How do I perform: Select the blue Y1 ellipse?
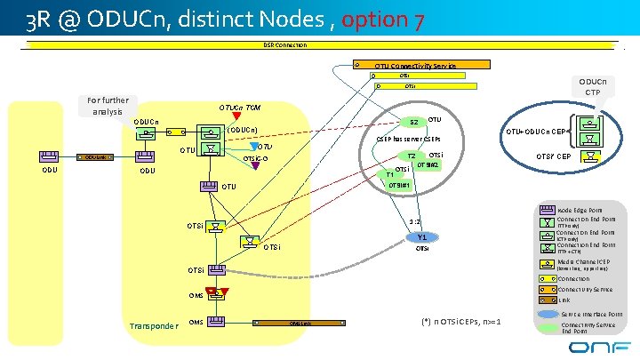click(422, 237)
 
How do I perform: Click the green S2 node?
click(412, 122)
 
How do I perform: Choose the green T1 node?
click(389, 174)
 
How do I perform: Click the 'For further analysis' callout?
click(108, 106)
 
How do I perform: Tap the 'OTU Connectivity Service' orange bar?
click(415, 65)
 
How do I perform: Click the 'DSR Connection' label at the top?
click(284, 44)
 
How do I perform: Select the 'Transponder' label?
click(153, 325)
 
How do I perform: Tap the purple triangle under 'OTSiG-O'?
click(255, 164)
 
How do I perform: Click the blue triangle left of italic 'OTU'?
click(255, 147)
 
